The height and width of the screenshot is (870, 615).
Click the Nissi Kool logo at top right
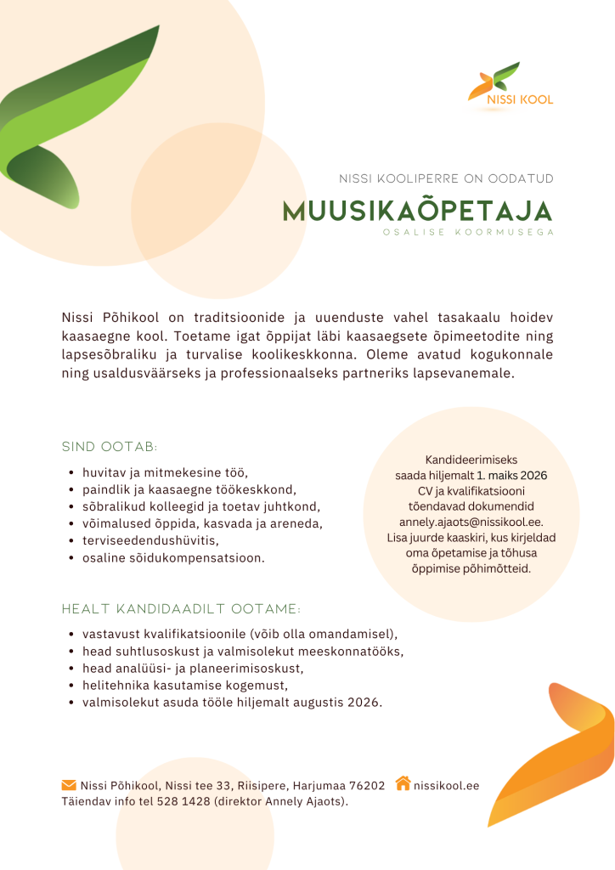(511, 85)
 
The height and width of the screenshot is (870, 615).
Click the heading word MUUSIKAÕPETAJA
(417, 212)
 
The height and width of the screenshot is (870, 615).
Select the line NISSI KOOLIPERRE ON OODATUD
(446, 178)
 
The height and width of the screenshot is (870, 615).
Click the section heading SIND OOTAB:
(110, 447)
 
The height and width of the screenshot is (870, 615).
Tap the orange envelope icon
(69, 783)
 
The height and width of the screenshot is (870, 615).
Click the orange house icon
(403, 783)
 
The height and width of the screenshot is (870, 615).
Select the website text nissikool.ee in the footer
(446, 785)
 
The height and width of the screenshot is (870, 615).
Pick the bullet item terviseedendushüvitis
(151, 540)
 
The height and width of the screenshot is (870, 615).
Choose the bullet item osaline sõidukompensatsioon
(173, 558)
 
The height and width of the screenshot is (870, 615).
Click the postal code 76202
(368, 785)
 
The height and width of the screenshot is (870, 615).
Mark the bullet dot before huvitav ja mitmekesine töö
(70, 472)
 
